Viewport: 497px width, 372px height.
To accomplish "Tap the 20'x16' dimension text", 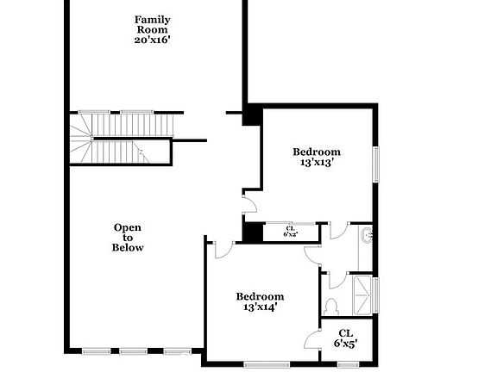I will point(152,40).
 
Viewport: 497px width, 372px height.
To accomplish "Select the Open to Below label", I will point(128,237).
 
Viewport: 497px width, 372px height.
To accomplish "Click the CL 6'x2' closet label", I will point(290,231).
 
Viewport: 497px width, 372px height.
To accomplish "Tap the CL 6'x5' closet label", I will point(345,338).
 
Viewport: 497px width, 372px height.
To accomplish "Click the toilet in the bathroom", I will point(330,304).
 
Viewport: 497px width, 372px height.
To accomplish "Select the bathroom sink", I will point(367,234).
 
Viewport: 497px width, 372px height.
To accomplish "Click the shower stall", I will point(362,294).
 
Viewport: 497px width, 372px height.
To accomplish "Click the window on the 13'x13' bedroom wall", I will point(375,164).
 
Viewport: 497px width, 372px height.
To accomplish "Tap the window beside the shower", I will point(375,293).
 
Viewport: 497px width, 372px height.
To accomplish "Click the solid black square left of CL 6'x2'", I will point(252,231).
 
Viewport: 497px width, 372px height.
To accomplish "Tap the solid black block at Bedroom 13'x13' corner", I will point(251,115).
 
